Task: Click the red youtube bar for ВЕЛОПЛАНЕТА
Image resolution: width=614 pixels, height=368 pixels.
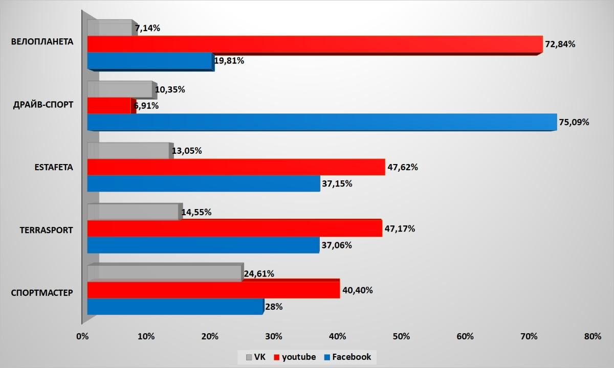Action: coord(315,44)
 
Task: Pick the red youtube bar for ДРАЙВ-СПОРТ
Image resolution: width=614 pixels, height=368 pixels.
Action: coord(109,106)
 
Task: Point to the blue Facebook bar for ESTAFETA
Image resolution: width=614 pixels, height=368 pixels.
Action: coord(203,183)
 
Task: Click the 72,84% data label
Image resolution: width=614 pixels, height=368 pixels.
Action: coord(560,44)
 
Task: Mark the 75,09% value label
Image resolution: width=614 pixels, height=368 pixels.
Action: coord(574,123)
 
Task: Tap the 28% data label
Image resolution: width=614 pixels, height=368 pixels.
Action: coord(273,307)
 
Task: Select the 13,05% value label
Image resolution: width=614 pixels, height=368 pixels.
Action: coord(187,151)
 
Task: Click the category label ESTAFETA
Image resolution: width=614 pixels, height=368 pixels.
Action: coord(54,167)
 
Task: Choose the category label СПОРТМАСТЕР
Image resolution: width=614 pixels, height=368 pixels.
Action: coord(42,293)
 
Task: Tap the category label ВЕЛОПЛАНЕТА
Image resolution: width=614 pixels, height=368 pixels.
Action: coord(42,42)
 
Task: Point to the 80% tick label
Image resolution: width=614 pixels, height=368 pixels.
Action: coord(593,336)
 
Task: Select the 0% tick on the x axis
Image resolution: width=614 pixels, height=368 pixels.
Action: coord(82,336)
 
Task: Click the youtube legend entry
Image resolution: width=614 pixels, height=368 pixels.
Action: coord(295,357)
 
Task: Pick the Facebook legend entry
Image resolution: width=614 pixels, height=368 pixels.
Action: coord(347,357)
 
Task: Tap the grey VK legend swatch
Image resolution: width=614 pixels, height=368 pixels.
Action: coord(249,357)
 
